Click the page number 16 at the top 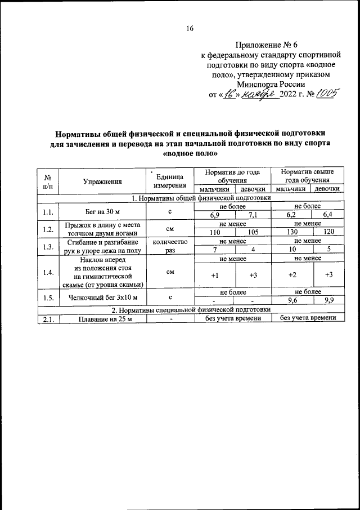(190, 29)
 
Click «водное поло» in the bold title (190, 153)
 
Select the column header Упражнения (102, 181)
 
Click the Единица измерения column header (169, 181)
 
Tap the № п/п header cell (48, 181)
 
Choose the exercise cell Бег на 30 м (102, 211)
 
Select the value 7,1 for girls (252, 215)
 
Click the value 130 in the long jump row (291, 232)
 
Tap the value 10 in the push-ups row (291, 250)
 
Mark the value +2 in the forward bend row (291, 274)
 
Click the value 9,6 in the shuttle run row (291, 300)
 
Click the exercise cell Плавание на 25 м (102, 318)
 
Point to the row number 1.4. (48, 272)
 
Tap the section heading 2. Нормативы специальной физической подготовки (191, 309)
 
